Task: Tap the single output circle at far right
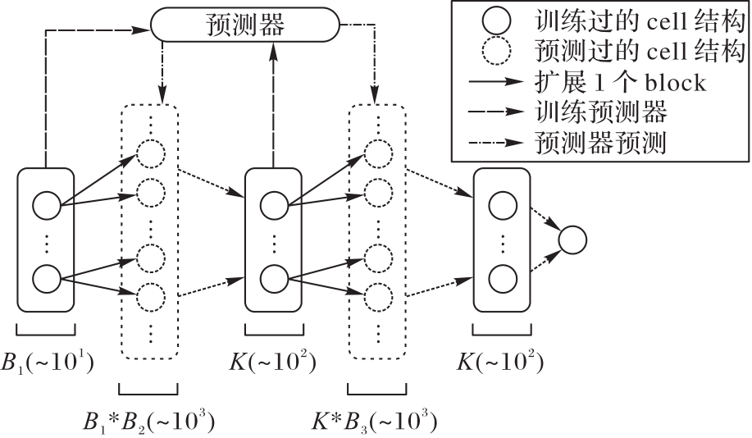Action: coord(572,240)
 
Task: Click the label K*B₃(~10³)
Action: coord(375,421)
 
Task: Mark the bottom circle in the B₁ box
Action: coord(46,277)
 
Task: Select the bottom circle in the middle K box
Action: coord(275,277)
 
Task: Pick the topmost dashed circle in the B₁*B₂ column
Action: coord(150,153)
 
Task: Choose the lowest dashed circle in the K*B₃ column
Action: coord(378,294)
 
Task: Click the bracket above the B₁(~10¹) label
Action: coord(45,330)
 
